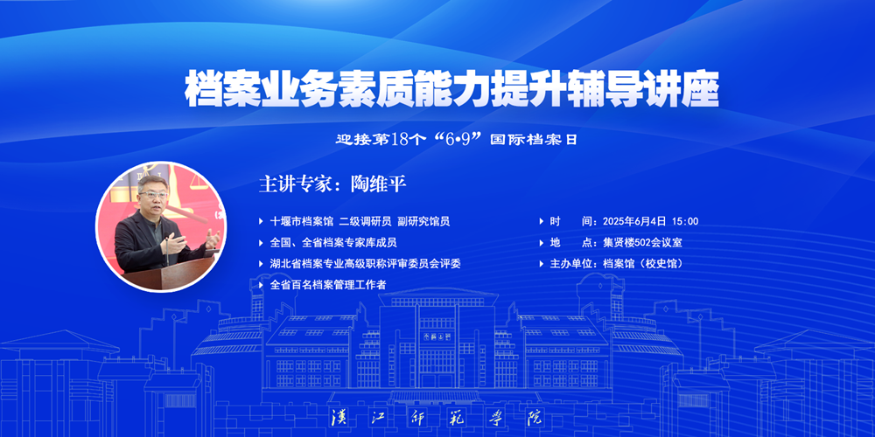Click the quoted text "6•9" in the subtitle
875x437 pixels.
pos(453,139)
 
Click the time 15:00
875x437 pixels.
pos(685,221)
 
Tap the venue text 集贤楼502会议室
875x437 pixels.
pos(642,242)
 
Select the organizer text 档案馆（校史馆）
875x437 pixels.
pos(643,264)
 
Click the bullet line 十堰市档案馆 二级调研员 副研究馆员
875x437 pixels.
pos(360,221)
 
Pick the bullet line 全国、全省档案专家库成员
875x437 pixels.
pos(333,242)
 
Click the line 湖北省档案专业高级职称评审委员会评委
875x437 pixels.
pos(366,264)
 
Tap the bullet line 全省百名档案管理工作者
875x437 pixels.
pos(328,285)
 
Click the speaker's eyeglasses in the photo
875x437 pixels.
pos(151,195)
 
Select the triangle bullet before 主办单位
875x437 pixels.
pos(542,264)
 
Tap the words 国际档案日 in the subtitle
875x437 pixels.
pos(533,139)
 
